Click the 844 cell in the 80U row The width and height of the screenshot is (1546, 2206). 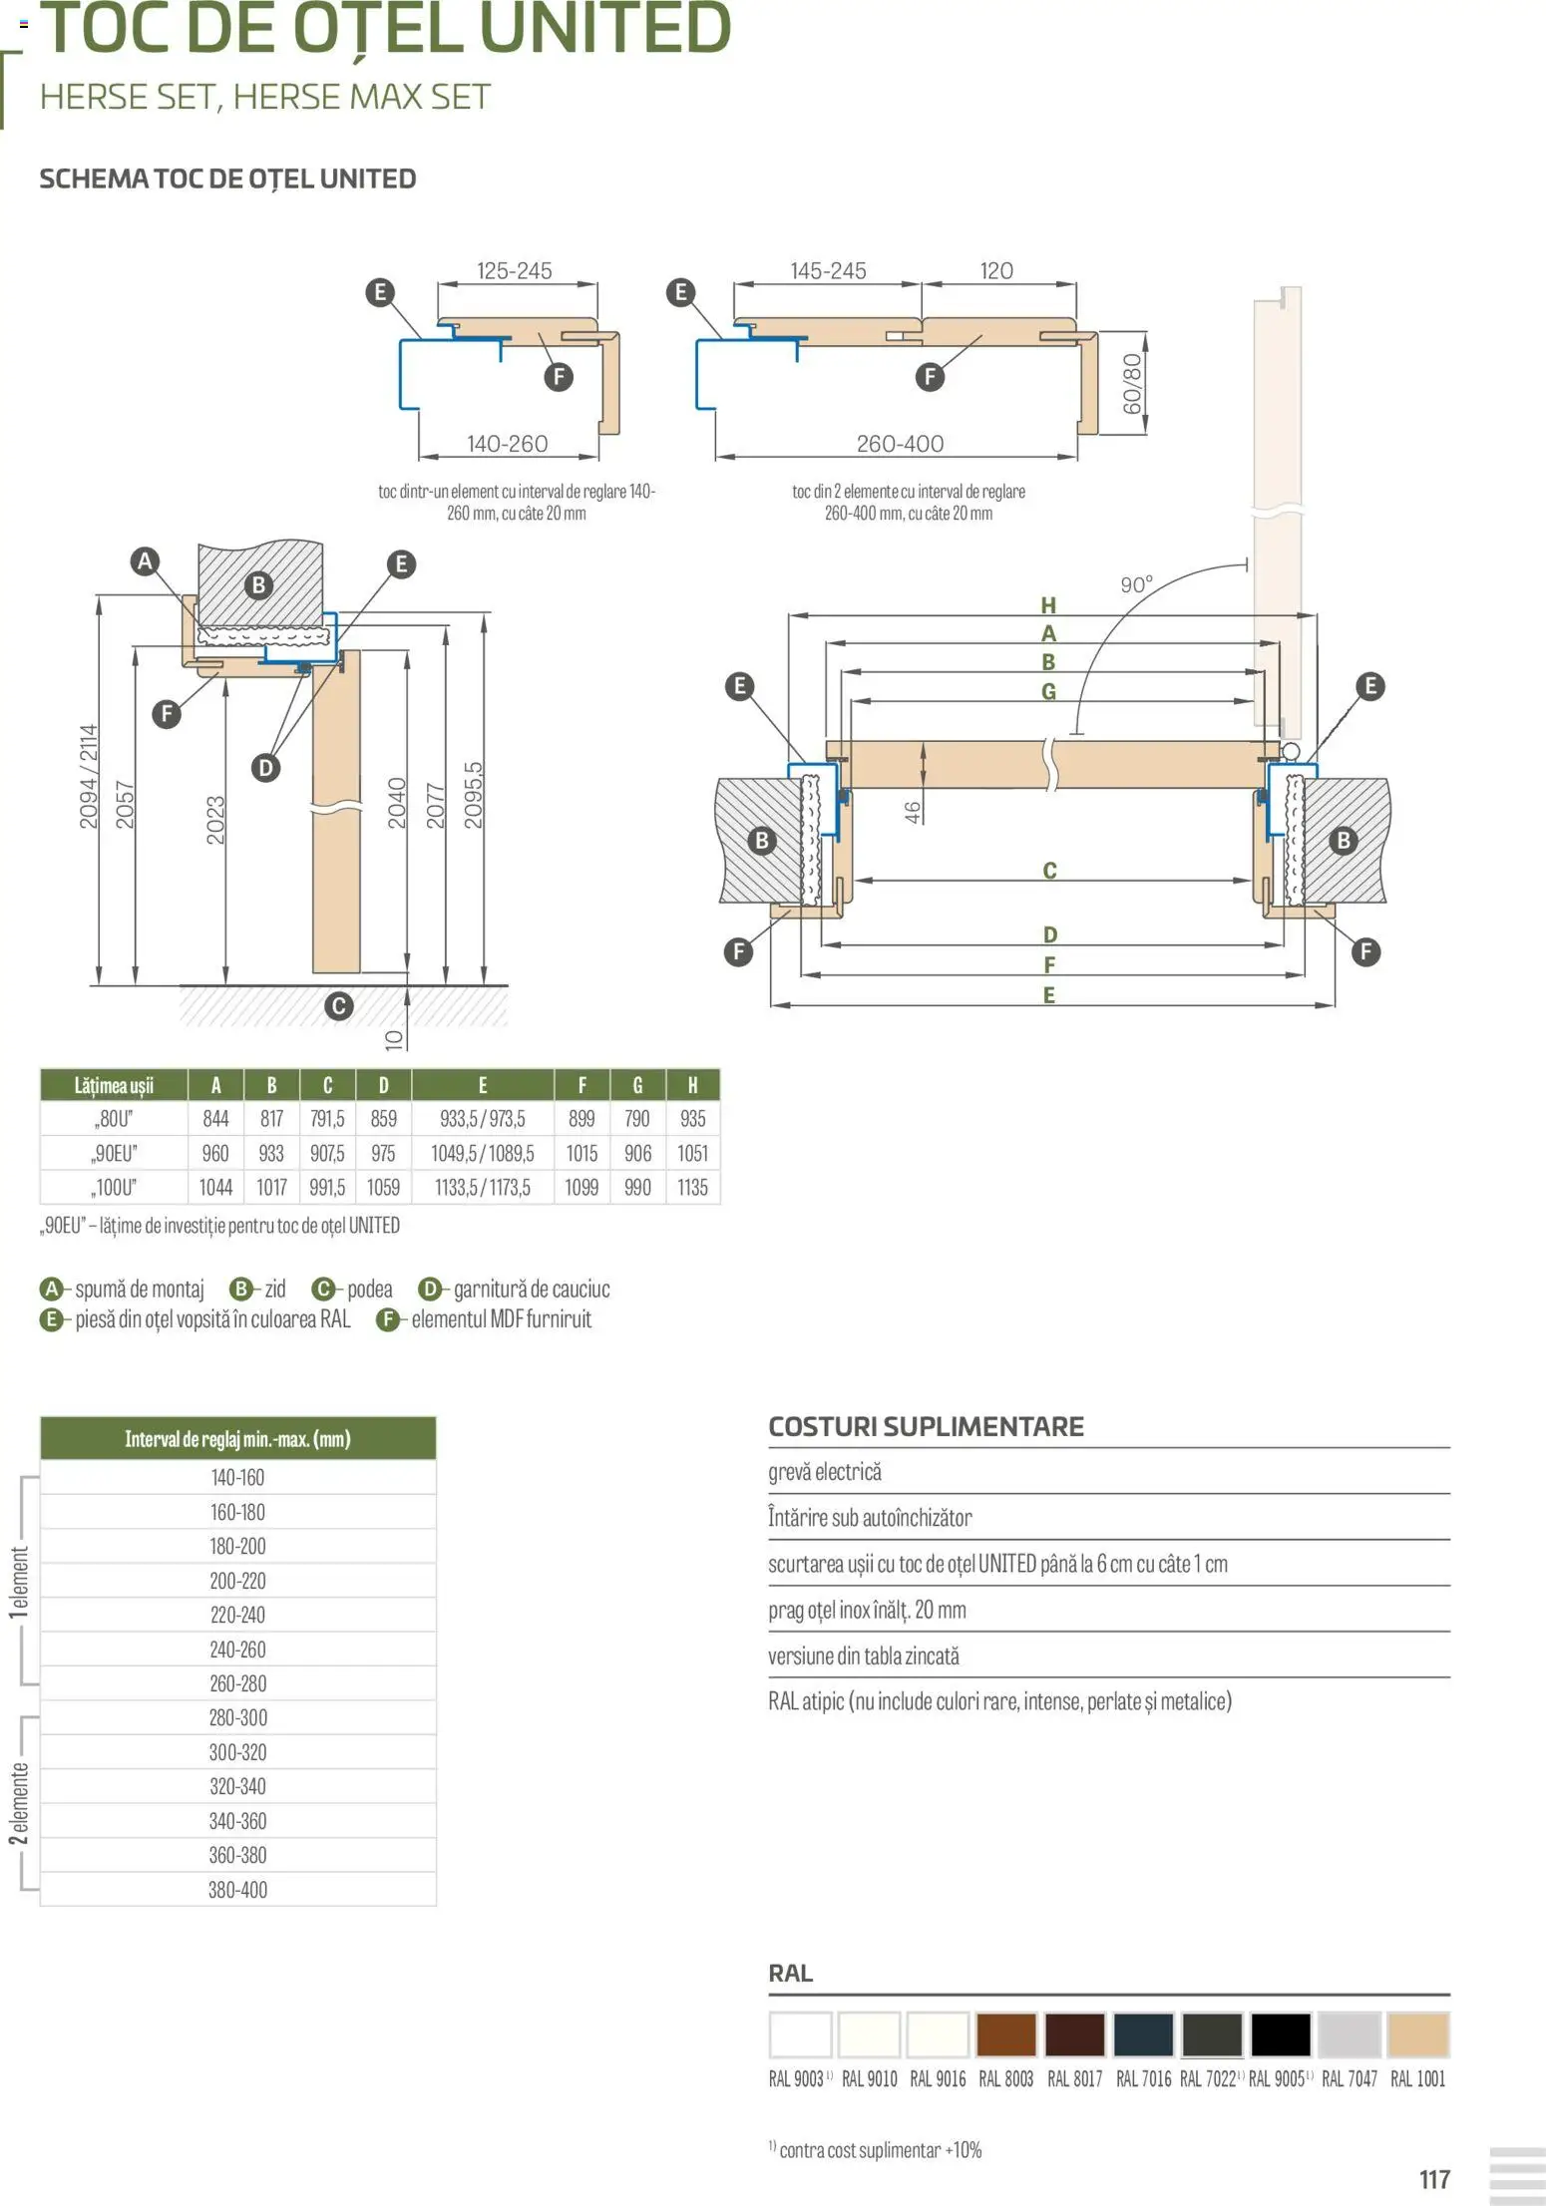click(215, 1119)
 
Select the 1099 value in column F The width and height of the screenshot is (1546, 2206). click(581, 1188)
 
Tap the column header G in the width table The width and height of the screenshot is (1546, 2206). click(637, 1085)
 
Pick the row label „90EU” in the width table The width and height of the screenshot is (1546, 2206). click(114, 1154)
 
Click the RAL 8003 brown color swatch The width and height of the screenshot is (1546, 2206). click(1005, 2034)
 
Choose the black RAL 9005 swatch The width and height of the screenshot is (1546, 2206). click(1280, 2034)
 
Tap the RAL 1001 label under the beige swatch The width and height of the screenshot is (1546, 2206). click(1417, 2079)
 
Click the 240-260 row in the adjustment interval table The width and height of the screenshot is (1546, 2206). click(237, 1650)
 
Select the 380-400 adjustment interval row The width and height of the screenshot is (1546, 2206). click(237, 1890)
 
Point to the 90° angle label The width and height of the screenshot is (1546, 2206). click(1136, 584)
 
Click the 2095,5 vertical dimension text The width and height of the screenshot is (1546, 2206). click(474, 795)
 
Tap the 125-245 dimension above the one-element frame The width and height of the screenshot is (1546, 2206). click(514, 271)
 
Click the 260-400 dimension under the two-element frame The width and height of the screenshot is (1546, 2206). click(900, 444)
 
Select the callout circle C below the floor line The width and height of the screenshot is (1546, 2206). click(339, 1005)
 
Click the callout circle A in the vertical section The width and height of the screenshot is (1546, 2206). click(146, 560)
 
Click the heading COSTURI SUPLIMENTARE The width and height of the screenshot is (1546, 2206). click(926, 1426)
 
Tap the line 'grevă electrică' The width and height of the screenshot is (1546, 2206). click(825, 1472)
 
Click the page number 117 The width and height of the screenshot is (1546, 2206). click(1434, 2178)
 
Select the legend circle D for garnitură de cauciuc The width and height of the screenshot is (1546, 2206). click(429, 1289)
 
